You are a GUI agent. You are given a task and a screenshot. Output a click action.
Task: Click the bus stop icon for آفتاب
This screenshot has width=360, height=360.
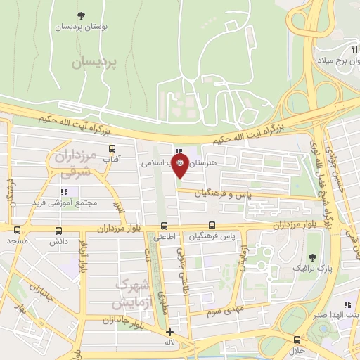click(112, 149)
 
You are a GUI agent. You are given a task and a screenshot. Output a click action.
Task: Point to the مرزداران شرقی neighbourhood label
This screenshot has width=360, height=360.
click(69, 162)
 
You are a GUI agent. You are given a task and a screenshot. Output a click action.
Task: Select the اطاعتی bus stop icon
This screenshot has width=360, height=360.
click(164, 226)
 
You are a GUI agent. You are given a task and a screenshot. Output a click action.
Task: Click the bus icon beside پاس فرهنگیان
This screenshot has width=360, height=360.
click(211, 226)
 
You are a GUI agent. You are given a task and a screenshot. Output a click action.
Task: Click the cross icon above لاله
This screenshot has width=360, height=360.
click(169, 332)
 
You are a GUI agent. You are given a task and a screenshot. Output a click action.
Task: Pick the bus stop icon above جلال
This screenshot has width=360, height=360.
click(297, 339)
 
